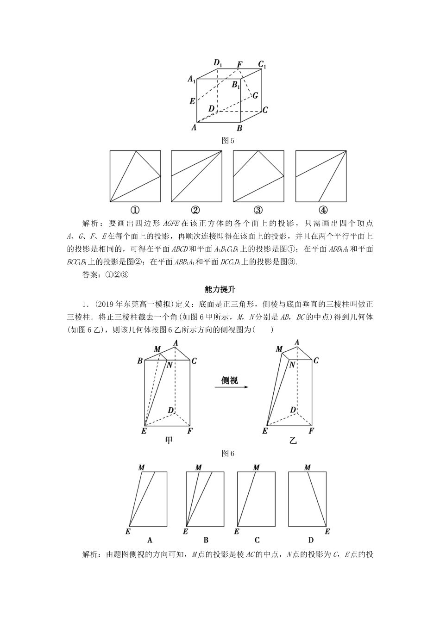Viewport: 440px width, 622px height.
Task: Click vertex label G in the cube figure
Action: pyautogui.click(x=255, y=95)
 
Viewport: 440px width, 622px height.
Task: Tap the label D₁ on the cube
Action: pyautogui.click(x=218, y=63)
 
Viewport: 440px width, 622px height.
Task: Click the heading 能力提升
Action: pyautogui.click(x=220, y=290)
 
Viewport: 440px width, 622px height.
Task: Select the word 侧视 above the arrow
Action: pyautogui.click(x=229, y=380)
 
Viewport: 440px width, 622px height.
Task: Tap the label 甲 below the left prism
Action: pyautogui.click(x=169, y=441)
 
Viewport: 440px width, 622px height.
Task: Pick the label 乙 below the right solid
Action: pyautogui.click(x=293, y=441)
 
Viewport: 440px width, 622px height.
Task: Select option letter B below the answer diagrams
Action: pyautogui.click(x=206, y=540)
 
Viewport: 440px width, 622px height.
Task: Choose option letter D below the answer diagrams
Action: pyautogui.click(x=311, y=540)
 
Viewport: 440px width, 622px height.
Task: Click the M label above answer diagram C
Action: pyautogui.click(x=256, y=468)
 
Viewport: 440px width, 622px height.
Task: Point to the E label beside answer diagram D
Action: pyautogui.click(x=327, y=532)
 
